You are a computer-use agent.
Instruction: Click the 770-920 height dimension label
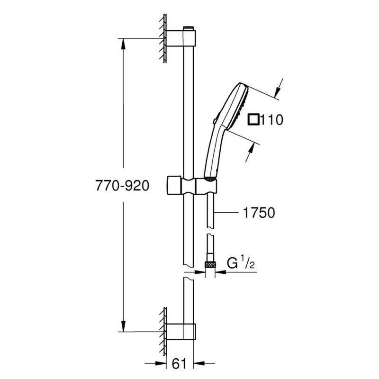122,186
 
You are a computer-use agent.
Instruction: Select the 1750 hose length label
259,213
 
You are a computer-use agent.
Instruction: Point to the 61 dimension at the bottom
180,363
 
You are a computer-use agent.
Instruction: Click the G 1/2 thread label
241,263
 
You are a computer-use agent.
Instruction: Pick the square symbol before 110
254,120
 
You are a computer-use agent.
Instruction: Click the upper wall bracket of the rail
181,38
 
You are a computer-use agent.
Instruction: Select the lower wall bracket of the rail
181,331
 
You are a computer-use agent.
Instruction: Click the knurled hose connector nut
210,264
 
